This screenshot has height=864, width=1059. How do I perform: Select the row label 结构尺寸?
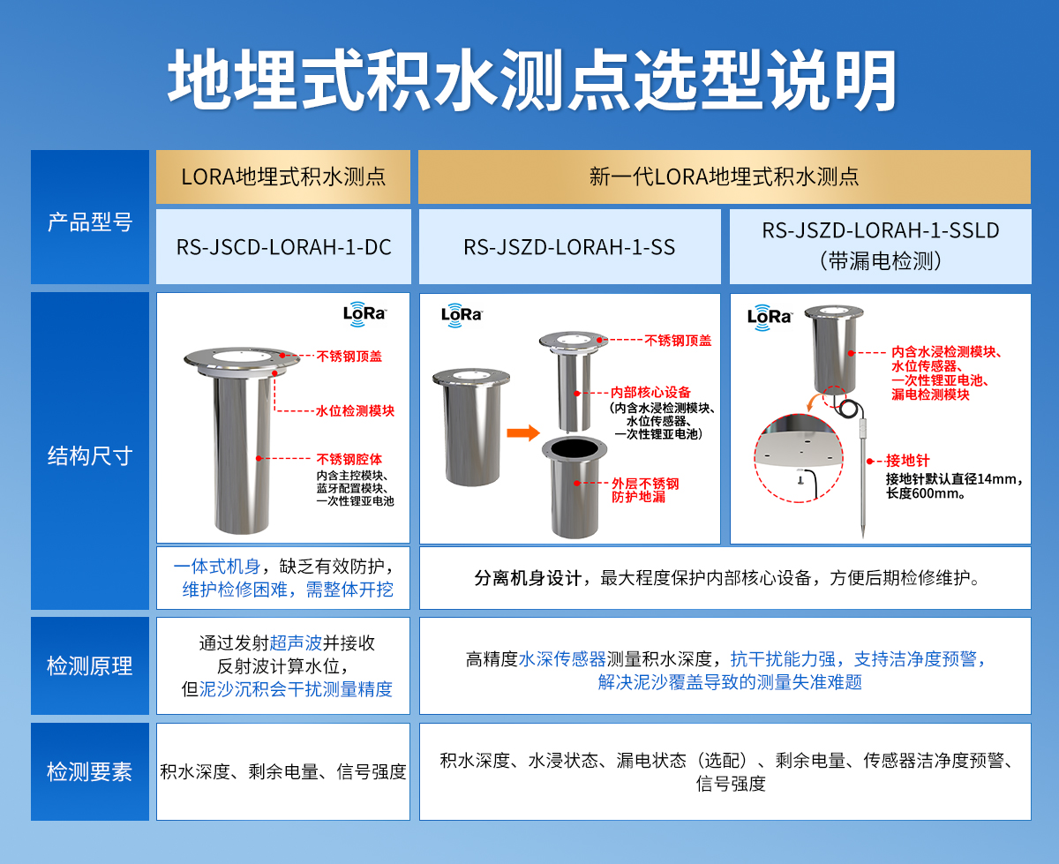(x=89, y=456)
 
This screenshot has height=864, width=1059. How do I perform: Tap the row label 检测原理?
(x=89, y=666)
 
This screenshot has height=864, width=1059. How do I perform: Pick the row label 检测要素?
(x=89, y=772)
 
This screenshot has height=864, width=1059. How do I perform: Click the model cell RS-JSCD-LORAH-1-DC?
(x=283, y=247)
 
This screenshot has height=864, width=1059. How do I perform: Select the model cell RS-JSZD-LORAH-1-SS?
(x=569, y=247)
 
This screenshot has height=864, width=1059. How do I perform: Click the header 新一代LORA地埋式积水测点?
(x=724, y=177)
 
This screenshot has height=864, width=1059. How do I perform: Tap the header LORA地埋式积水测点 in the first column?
(x=283, y=177)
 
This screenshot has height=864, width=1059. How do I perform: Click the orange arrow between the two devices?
(x=522, y=432)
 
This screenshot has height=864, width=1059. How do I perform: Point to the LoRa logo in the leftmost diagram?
(x=364, y=313)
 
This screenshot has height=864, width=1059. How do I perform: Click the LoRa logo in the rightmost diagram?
(x=769, y=316)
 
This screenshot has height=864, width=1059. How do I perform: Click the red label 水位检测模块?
(x=356, y=411)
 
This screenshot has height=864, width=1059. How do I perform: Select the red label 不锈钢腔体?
(x=349, y=459)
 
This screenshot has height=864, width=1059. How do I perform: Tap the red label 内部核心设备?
(x=650, y=392)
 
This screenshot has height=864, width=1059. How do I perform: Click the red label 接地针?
(x=905, y=461)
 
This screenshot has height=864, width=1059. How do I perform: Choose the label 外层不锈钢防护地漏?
(x=645, y=491)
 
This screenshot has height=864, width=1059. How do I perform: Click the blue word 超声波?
(x=292, y=644)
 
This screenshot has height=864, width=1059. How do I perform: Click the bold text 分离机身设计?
(x=528, y=579)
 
